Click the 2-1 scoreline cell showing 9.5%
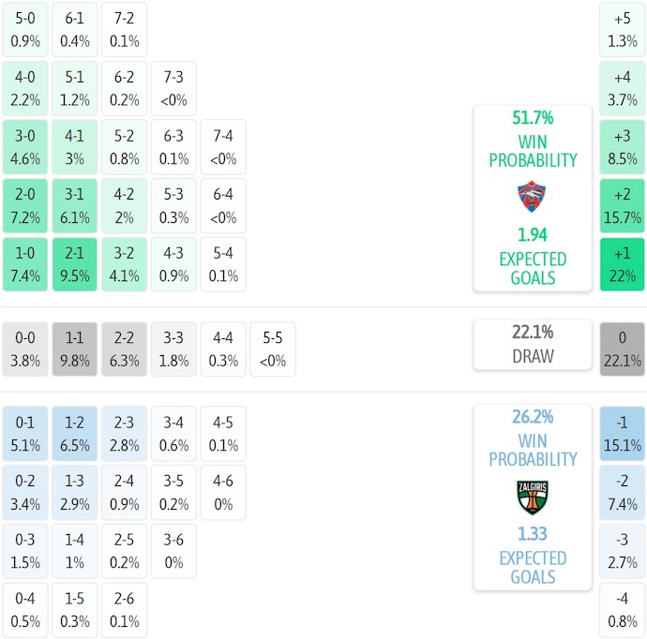click(x=75, y=264)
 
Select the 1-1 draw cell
click(x=75, y=349)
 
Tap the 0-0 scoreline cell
click(x=25, y=349)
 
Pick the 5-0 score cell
click(x=25, y=29)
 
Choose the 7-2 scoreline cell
click(x=124, y=29)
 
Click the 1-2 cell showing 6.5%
click(x=75, y=433)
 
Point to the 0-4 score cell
click(x=25, y=610)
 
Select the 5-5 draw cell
click(x=272, y=349)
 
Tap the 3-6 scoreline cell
click(x=173, y=551)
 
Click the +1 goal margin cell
click(x=623, y=264)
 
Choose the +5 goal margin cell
click(x=623, y=29)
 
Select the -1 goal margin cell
click(x=623, y=433)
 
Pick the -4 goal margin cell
click(x=623, y=610)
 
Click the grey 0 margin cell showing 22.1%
click(x=623, y=349)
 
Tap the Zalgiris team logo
click(x=533, y=497)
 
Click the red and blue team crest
click(x=533, y=197)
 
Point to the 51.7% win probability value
click(x=533, y=118)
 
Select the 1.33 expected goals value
click(x=533, y=534)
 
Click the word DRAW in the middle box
click(x=533, y=356)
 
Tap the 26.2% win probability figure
click(x=533, y=417)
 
